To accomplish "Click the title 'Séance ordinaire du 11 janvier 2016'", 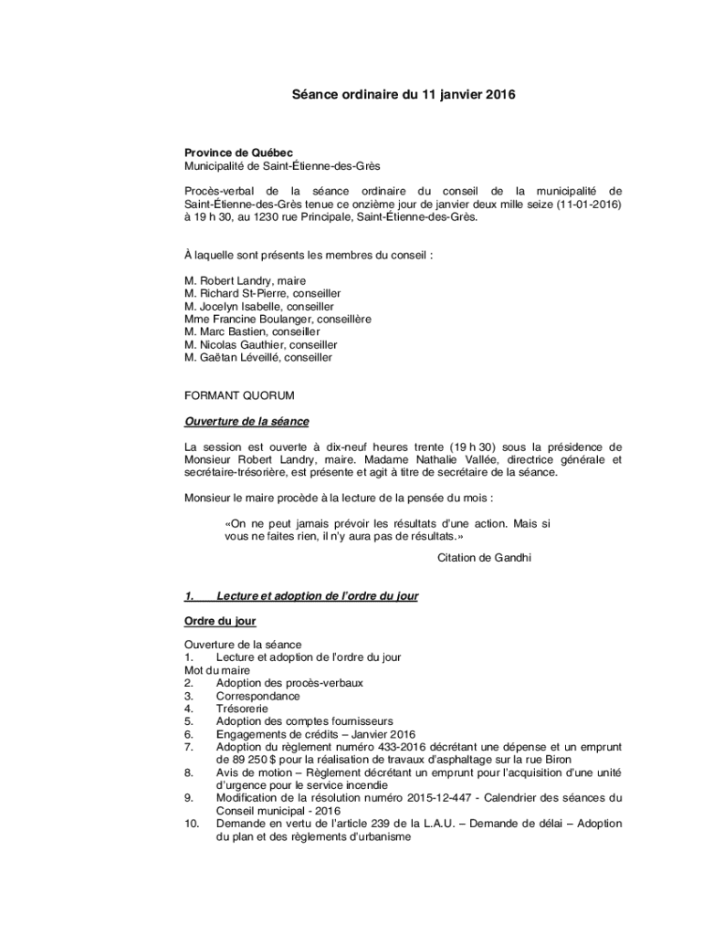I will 397,94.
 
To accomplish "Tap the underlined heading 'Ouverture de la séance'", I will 247,421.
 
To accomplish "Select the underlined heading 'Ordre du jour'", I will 220,621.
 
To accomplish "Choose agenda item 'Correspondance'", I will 257,696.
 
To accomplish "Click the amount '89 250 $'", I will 238,760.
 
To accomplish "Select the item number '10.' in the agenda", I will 192,824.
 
